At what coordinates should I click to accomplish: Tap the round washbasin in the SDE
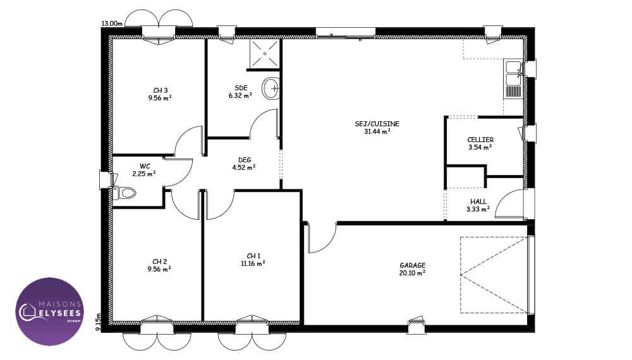tap(271, 88)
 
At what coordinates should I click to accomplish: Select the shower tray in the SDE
tap(264, 53)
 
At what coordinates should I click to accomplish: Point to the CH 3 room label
tap(160, 90)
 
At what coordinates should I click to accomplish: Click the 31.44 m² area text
tap(377, 131)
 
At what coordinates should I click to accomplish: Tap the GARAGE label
tap(412, 265)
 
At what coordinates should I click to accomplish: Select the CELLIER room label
tap(480, 140)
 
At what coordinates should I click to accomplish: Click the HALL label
tap(478, 201)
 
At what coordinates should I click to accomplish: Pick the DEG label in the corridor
tap(245, 160)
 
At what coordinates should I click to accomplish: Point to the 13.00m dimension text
tap(112, 23)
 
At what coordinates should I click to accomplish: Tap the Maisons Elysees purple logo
tap(49, 311)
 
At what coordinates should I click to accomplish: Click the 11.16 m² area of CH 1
tap(253, 264)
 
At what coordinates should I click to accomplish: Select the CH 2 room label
tap(160, 261)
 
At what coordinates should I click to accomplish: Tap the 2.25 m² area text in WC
tap(144, 174)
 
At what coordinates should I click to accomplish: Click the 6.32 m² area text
tap(240, 96)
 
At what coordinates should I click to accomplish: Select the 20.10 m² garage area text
tap(412, 273)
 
